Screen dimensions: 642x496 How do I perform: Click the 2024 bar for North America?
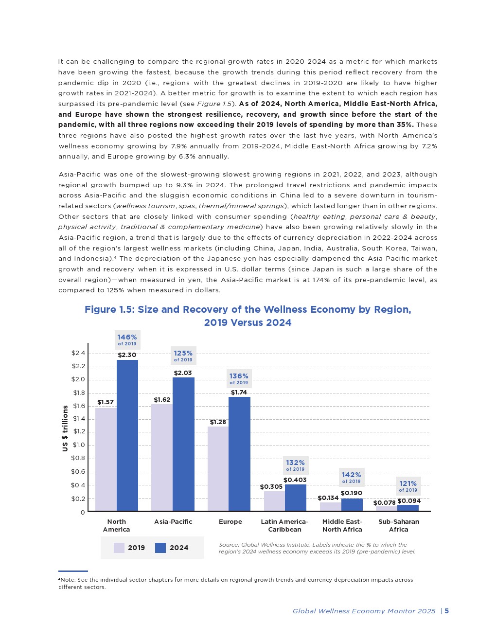click(127, 435)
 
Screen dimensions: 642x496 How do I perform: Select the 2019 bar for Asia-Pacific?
click(162, 457)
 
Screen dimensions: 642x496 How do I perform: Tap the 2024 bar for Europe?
click(239, 454)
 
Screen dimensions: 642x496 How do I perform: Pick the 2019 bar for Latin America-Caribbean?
click(274, 501)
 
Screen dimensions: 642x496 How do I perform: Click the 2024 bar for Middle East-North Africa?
click(352, 505)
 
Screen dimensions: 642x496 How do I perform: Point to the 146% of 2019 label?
click(127, 339)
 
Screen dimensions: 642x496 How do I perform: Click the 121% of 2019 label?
click(408, 486)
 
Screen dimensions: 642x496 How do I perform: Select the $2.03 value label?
click(183, 373)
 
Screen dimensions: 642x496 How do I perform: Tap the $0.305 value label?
click(271, 487)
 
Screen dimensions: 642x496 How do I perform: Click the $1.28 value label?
click(218, 422)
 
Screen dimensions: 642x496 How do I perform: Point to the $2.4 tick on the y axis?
click(78, 353)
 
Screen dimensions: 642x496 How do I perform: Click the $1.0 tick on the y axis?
click(78, 445)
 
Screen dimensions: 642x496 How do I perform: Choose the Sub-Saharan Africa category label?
click(399, 525)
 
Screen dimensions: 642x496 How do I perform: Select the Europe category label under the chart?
click(230, 522)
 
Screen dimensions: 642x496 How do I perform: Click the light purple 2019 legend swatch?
click(119, 548)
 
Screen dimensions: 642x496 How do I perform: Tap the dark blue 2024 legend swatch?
click(160, 548)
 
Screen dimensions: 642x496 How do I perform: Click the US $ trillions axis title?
click(65, 428)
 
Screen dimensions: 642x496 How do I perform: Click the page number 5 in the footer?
click(446, 611)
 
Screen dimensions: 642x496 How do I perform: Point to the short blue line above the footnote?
click(73, 571)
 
